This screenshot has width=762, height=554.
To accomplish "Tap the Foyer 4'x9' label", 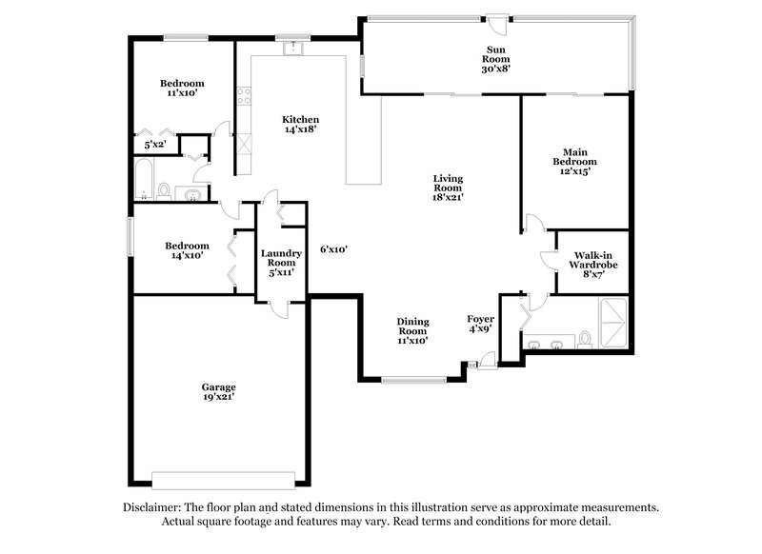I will click(478, 324).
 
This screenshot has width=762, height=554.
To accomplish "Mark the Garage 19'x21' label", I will click(218, 392).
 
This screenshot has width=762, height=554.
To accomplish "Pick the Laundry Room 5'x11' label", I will click(281, 263).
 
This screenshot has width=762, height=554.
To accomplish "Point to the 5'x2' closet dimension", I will click(153, 146).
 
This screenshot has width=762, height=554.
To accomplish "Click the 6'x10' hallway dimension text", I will click(333, 249).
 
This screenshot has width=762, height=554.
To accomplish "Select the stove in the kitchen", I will click(244, 96).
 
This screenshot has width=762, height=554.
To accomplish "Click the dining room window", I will click(413, 381).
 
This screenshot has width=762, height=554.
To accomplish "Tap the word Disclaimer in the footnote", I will click(157, 507).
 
